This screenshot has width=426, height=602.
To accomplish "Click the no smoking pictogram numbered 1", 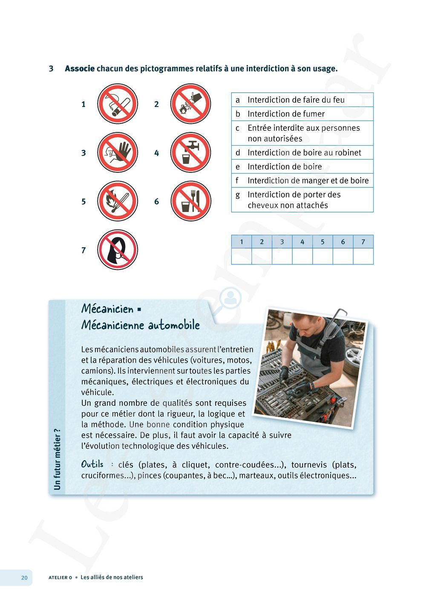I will click(x=118, y=104).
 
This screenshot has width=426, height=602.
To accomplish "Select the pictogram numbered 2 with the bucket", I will click(x=190, y=104).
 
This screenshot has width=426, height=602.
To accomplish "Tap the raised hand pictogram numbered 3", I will click(x=118, y=152).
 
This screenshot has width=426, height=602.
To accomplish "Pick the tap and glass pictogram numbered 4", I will click(x=190, y=152).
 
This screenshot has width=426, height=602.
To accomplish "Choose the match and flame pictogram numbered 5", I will click(x=118, y=201).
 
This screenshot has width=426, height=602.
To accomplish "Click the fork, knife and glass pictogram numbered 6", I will click(x=190, y=201).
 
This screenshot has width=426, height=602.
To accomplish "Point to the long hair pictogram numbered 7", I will click(x=118, y=250).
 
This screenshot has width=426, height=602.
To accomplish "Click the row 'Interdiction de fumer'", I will click(x=302, y=114).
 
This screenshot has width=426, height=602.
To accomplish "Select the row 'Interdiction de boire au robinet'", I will click(x=302, y=152).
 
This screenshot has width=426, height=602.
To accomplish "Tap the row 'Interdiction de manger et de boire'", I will click(x=302, y=181).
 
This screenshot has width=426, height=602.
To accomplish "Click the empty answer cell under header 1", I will click(x=242, y=256).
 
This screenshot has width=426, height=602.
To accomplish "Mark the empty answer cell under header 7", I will click(x=363, y=256).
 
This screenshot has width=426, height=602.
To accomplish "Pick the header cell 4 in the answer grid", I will click(x=302, y=242).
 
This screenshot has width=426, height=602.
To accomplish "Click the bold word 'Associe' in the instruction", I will click(x=80, y=69).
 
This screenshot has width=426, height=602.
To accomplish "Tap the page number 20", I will click(x=24, y=577).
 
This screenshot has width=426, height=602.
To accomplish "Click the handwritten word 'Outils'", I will click(x=92, y=464).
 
